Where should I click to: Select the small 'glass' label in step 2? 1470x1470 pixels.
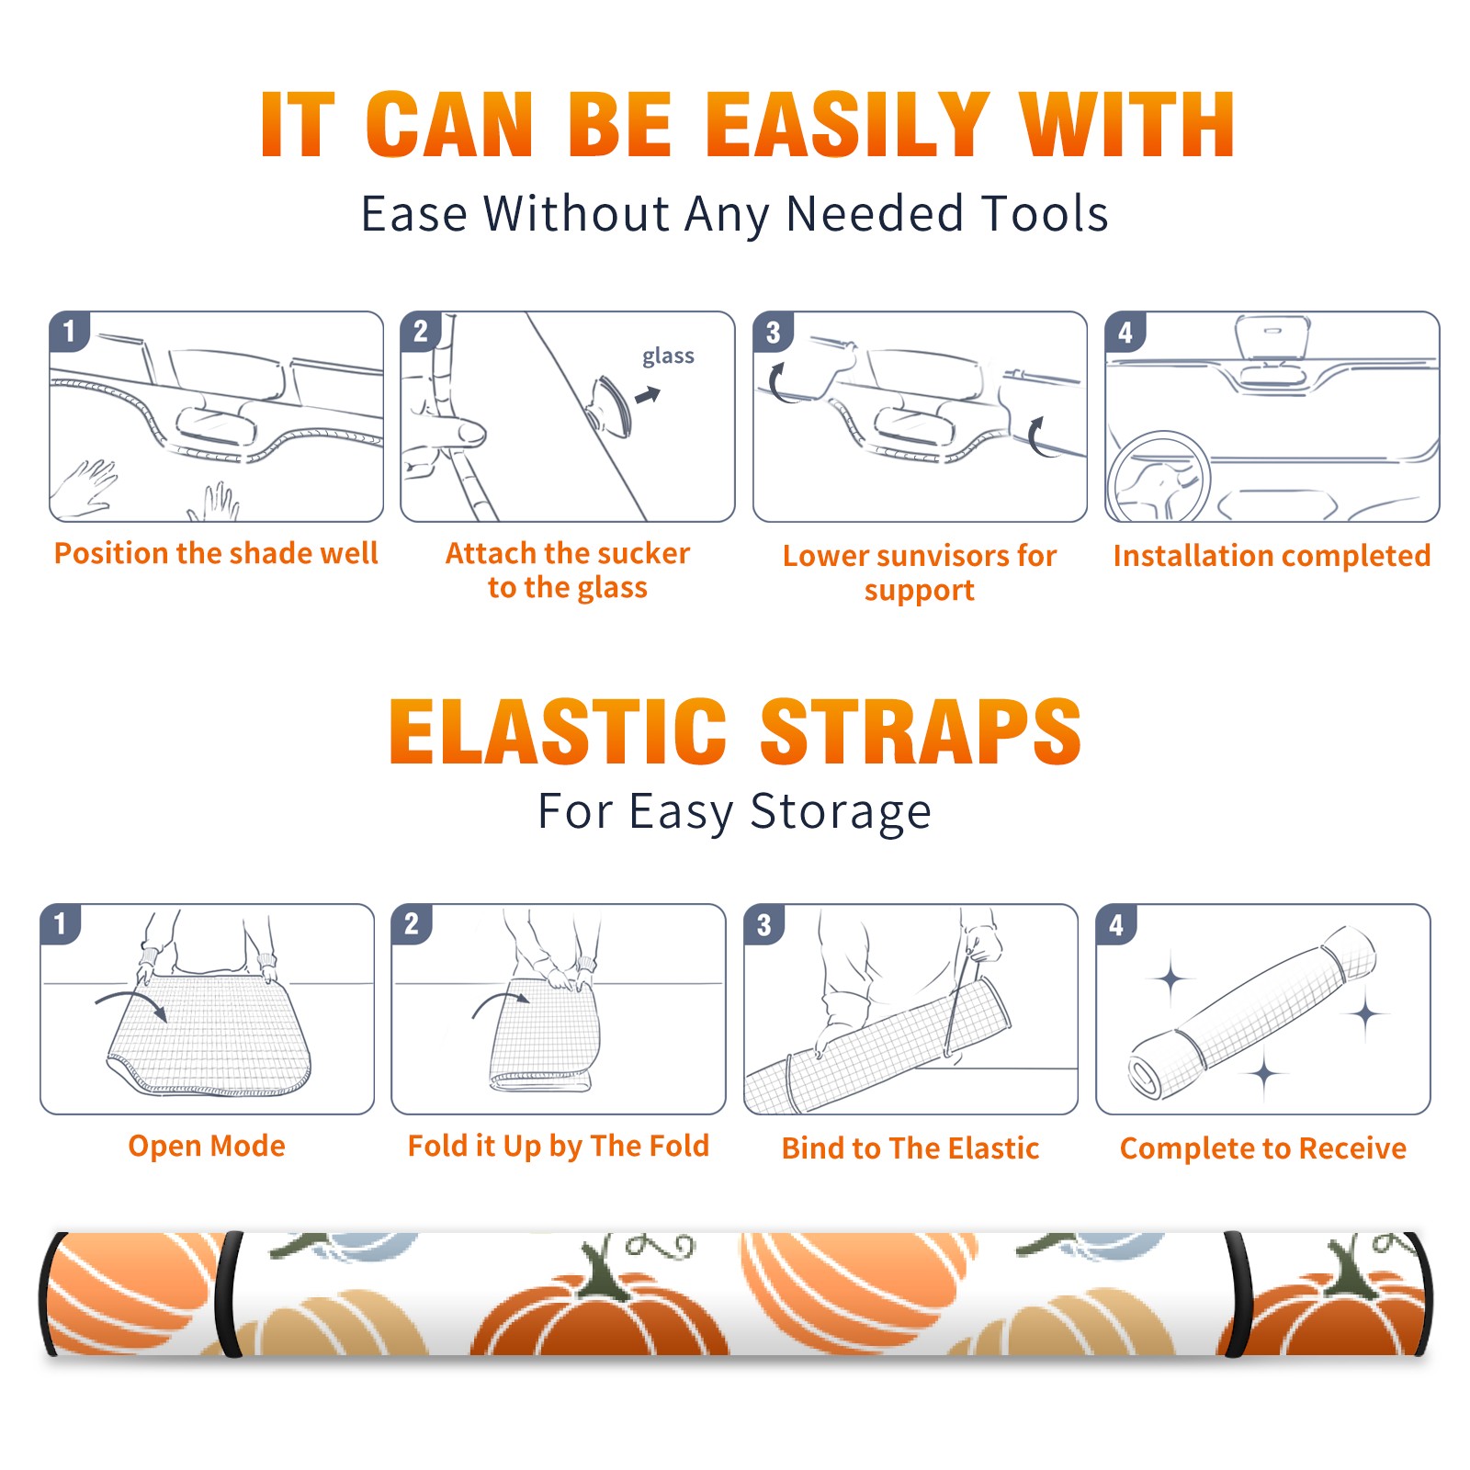(668, 356)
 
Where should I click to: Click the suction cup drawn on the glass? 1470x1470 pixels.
(609, 405)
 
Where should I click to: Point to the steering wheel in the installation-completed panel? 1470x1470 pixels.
(1159, 477)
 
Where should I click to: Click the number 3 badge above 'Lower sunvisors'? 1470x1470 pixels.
(773, 332)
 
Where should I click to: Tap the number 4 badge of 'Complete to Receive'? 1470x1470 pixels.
(1116, 924)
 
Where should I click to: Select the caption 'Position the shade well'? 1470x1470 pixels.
(216, 553)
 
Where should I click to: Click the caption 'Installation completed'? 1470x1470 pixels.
(1272, 555)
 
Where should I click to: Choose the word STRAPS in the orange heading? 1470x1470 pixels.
(921, 731)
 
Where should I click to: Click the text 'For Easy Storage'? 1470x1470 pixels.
(734, 811)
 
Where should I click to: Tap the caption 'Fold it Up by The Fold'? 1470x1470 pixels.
(559, 1146)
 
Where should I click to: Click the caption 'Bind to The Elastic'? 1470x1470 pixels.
(910, 1148)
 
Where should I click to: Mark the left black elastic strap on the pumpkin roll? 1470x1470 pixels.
(228, 1294)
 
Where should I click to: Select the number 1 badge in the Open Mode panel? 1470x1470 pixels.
(60, 923)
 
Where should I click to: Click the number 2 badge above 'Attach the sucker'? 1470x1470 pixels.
(420, 332)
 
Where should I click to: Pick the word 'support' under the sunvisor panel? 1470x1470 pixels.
(919, 591)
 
